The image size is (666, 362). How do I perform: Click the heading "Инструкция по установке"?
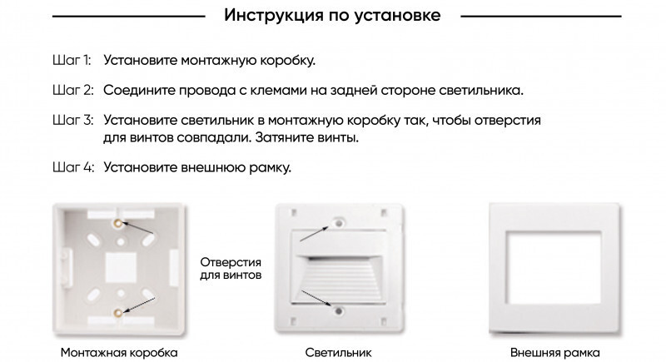coord(332,16)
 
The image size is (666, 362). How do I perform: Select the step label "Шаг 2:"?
coord(72,89)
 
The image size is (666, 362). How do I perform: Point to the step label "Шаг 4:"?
coord(72,168)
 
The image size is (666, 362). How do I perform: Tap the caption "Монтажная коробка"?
coord(119,352)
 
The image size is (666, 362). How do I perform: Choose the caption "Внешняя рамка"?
coord(554,352)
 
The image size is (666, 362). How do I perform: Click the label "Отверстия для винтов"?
coord(231,267)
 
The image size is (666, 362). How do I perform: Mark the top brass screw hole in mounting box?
coord(119,223)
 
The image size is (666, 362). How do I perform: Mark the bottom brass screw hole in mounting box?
coord(119,312)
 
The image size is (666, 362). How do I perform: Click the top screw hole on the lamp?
coord(338,224)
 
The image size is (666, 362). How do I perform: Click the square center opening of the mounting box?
coord(119,267)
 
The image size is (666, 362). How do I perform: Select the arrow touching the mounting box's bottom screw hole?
coord(140,304)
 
